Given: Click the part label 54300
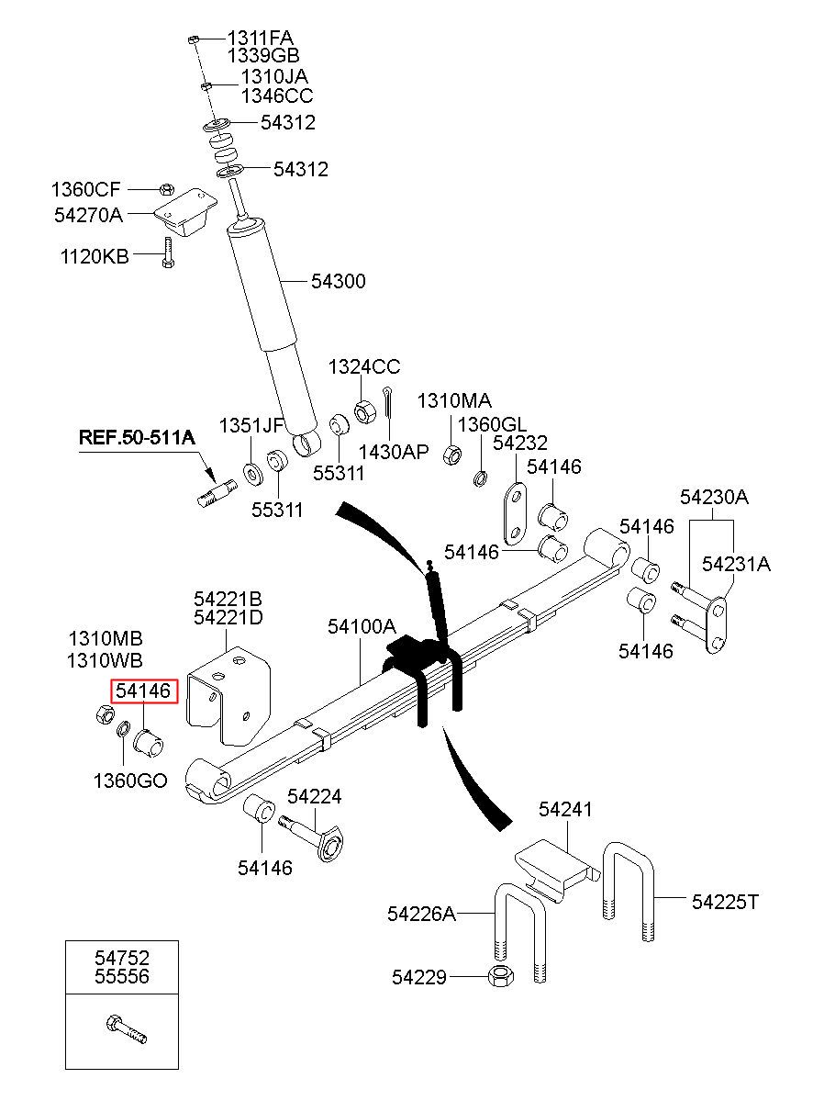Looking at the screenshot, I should tap(338, 281).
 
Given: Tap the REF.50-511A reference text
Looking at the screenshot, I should tap(137, 438).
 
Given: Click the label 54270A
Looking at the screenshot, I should tap(88, 214).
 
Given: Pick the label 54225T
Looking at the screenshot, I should tap(725, 902).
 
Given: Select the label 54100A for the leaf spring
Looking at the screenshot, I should tap(362, 627).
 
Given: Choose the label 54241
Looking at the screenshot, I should tap(565, 809).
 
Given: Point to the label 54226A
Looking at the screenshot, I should tap(421, 914).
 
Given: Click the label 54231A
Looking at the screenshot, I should tap(736, 565).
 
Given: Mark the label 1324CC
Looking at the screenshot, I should tap(365, 367).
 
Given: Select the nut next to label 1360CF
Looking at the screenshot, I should tap(165, 189).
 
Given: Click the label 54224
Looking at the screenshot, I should tap(315, 796).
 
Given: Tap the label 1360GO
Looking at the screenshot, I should tap(129, 781).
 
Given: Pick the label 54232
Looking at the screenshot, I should tap(519, 443).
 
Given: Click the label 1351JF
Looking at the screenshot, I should tap(251, 425).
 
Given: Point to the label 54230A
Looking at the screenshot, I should tap(714, 498).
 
